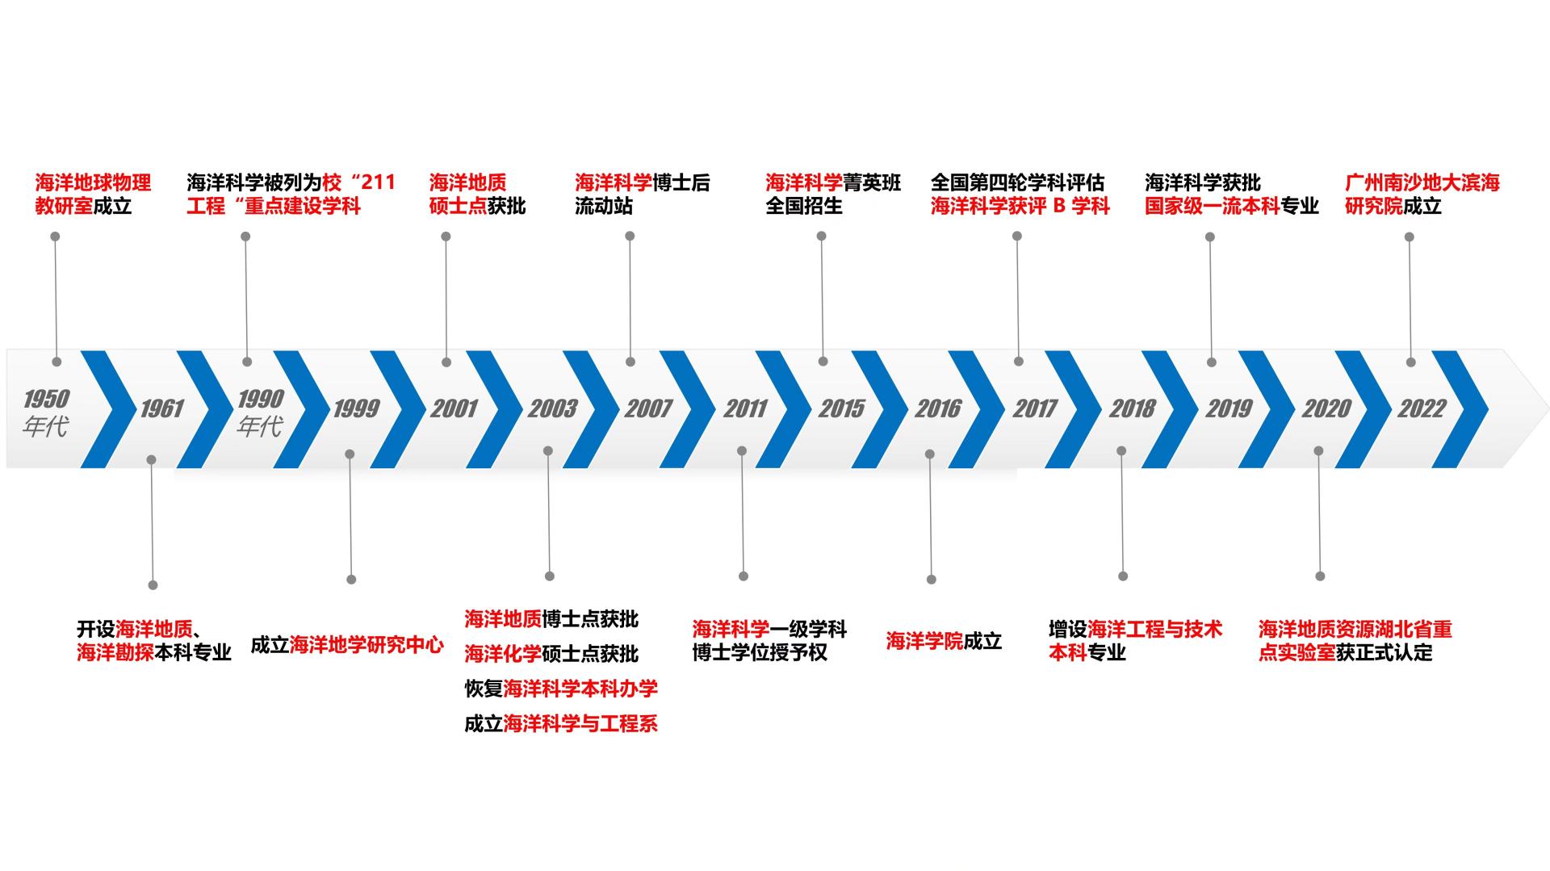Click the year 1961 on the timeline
(162, 409)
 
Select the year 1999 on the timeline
(356, 409)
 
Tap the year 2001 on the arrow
(454, 409)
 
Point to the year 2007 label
(648, 409)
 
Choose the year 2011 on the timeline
(744, 409)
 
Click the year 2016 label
(938, 409)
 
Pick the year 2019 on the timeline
(1228, 409)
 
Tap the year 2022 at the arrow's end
(1422, 409)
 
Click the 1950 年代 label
(46, 412)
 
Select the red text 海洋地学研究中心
(367, 645)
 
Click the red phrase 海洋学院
(924, 641)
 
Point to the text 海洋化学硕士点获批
(551, 654)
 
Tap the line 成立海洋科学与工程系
(561, 724)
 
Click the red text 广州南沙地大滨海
(1422, 182)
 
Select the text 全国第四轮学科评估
(1017, 182)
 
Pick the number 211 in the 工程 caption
(379, 182)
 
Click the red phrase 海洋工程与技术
(1154, 629)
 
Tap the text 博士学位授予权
(760, 652)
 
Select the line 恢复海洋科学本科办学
(561, 689)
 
